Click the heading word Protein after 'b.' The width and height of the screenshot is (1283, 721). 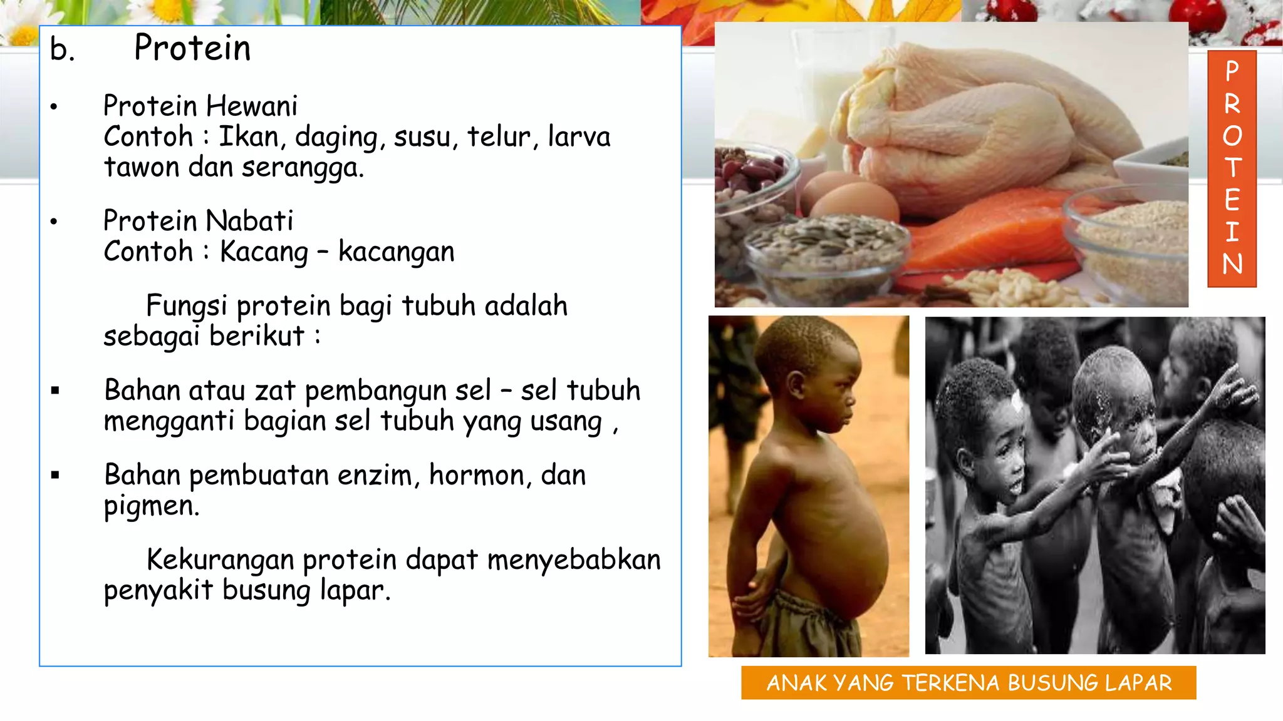pos(192,48)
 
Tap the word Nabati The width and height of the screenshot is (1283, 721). pos(249,221)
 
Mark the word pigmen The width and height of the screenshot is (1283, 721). pos(151,506)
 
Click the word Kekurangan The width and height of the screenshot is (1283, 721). pos(220,560)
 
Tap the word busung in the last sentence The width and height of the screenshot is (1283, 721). pos(266,591)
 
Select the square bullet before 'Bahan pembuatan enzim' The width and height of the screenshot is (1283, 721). pos(55,476)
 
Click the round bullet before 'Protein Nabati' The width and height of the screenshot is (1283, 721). pos(54,222)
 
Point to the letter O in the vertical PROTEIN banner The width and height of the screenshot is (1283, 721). pos(1232,136)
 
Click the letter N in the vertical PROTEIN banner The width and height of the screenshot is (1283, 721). pos(1232,263)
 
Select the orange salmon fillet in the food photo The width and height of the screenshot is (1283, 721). pos(990,238)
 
